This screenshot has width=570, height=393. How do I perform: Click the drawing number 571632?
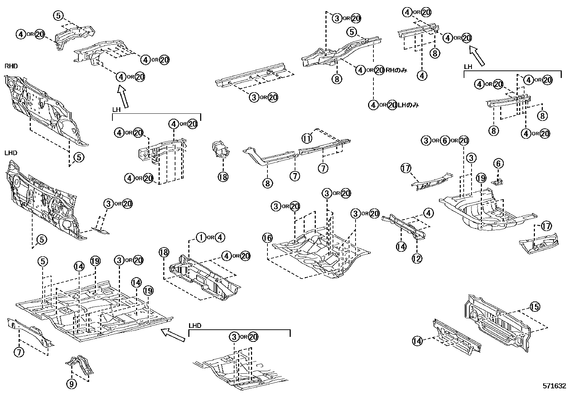click(554, 386)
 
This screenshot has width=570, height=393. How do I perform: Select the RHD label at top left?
click(11, 66)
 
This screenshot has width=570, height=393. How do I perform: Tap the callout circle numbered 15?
click(535, 306)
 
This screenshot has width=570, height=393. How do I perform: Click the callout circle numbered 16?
click(267, 238)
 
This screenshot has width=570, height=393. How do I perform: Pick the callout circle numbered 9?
click(72, 384)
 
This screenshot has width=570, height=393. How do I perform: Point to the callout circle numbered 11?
click(307, 137)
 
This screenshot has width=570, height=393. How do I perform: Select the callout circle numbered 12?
click(417, 258)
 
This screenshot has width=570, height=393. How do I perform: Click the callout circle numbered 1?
click(201, 237)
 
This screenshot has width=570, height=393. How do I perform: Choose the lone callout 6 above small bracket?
click(499, 164)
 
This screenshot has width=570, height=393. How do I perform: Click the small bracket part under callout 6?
click(497, 182)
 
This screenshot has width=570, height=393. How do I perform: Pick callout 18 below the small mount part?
click(223, 176)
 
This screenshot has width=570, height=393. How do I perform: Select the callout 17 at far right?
click(546, 226)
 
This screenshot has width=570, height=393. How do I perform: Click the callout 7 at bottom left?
click(19, 352)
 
